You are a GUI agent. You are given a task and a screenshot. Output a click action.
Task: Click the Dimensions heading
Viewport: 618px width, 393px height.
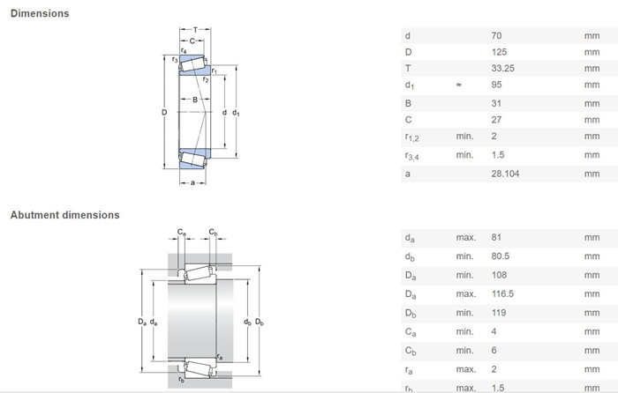click(x=40, y=13)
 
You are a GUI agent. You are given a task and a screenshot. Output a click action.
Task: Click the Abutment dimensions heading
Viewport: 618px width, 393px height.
click(x=64, y=215)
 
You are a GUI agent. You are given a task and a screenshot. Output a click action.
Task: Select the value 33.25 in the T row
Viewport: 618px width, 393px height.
click(x=502, y=68)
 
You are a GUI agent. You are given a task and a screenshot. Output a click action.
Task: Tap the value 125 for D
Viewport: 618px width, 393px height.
click(x=499, y=52)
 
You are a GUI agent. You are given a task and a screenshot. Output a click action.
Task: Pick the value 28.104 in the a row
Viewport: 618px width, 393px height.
click(x=505, y=174)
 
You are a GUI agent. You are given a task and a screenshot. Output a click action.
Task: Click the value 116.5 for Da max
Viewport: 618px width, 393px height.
click(x=502, y=293)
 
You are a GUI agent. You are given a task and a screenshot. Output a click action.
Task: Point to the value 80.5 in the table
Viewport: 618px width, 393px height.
click(x=501, y=256)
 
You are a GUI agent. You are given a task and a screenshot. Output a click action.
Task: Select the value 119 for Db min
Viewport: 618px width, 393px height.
click(x=499, y=312)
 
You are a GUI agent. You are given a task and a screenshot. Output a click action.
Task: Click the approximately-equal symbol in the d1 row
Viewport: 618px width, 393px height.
click(x=458, y=85)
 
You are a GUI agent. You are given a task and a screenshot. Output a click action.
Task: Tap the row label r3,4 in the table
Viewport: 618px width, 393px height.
click(x=412, y=156)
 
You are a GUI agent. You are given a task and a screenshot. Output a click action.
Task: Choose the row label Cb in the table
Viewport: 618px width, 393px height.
click(x=411, y=351)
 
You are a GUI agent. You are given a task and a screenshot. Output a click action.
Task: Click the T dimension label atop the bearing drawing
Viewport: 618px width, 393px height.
click(x=195, y=29)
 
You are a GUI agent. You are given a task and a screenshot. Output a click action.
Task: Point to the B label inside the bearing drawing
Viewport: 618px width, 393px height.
click(x=195, y=100)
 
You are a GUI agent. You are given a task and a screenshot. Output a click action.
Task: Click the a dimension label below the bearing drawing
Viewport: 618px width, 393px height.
click(x=192, y=182)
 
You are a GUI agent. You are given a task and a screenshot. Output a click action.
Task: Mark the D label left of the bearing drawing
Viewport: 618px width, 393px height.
click(x=164, y=113)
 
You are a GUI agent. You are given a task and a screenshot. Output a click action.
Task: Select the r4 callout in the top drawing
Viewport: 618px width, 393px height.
click(x=184, y=51)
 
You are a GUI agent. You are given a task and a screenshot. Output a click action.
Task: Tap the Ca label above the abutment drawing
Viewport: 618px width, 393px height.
click(x=181, y=232)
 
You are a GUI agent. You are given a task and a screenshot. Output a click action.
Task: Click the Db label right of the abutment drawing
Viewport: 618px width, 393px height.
click(x=260, y=323)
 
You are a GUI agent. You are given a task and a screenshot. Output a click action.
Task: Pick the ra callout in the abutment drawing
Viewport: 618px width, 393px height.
click(x=220, y=357)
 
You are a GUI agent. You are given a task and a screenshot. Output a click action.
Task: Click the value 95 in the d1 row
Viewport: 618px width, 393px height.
click(x=496, y=85)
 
